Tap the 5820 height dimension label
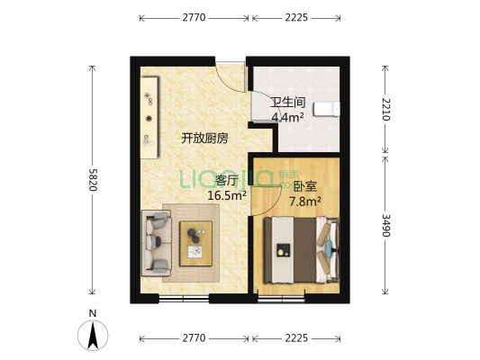tap(92, 180)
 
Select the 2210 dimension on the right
tap(386, 108)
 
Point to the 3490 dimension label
tap(386, 225)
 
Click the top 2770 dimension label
tap(194, 17)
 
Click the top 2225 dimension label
tap(296, 17)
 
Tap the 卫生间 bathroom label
tap(288, 102)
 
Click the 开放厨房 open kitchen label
tap(204, 138)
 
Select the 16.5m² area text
tap(225, 194)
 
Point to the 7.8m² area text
tap(305, 202)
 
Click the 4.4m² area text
tap(288, 116)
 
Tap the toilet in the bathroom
tap(334, 109)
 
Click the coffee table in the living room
tap(196, 241)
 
